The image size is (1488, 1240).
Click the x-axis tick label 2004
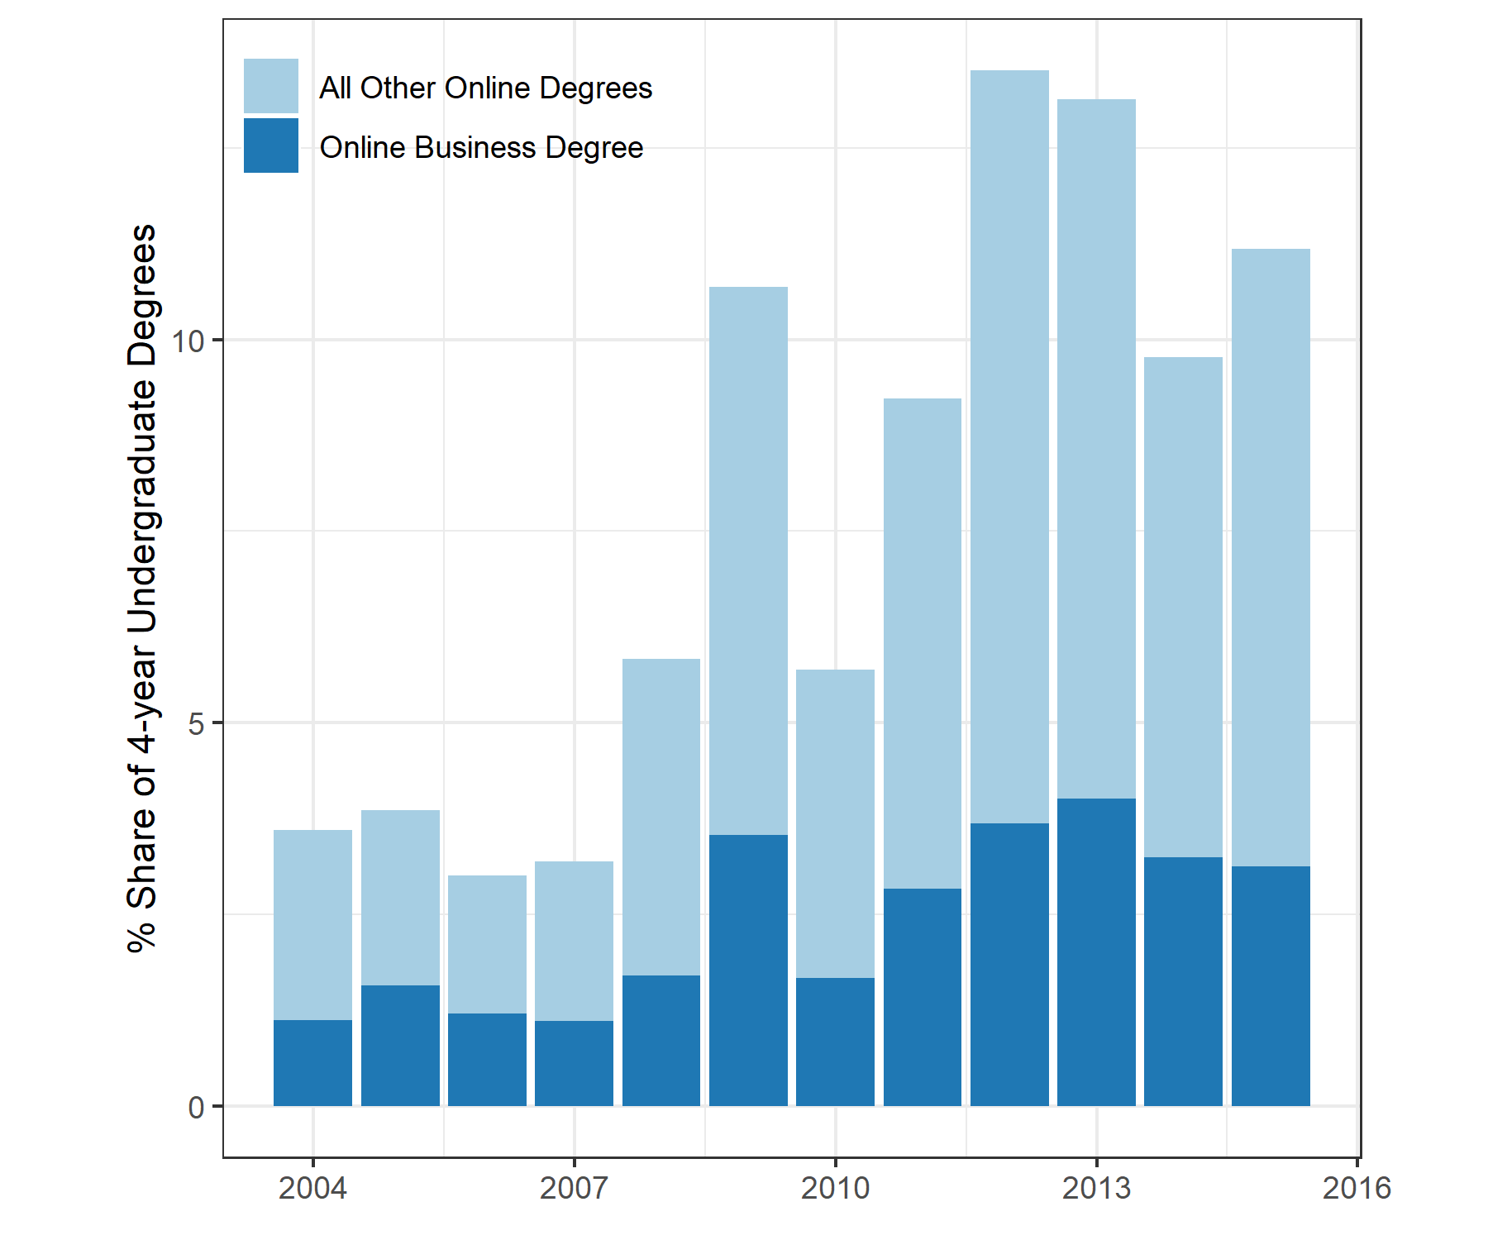pyautogui.click(x=312, y=1188)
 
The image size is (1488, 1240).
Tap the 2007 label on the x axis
pyautogui.click(x=574, y=1188)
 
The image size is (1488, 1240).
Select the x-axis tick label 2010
pyautogui.click(x=835, y=1188)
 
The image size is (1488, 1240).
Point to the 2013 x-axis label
pyautogui.click(x=1096, y=1188)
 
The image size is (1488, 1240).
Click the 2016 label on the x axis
pyautogui.click(x=1357, y=1188)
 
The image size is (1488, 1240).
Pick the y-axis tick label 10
pyautogui.click(x=188, y=341)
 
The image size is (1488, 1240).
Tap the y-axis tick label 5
pyautogui.click(x=196, y=723)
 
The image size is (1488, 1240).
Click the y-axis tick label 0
pyautogui.click(x=196, y=1107)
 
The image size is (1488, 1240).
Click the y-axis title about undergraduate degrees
pyautogui.click(x=142, y=588)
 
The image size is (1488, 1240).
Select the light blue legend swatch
pyautogui.click(x=271, y=86)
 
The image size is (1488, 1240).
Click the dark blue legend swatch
pyautogui.click(x=271, y=145)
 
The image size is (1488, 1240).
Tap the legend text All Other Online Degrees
pyautogui.click(x=486, y=88)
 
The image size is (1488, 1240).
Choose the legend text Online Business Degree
pyautogui.click(x=481, y=147)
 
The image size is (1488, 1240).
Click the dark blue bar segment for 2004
pyautogui.click(x=312, y=1063)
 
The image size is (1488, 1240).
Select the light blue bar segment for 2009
pyautogui.click(x=748, y=560)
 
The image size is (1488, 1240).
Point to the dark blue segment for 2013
pyautogui.click(x=1096, y=952)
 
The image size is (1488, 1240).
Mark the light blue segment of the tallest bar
pyautogui.click(x=1009, y=446)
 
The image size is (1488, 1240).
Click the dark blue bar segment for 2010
pyautogui.click(x=835, y=1042)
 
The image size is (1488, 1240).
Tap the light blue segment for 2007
pyautogui.click(x=574, y=941)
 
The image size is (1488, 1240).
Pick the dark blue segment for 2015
pyautogui.click(x=1271, y=986)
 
